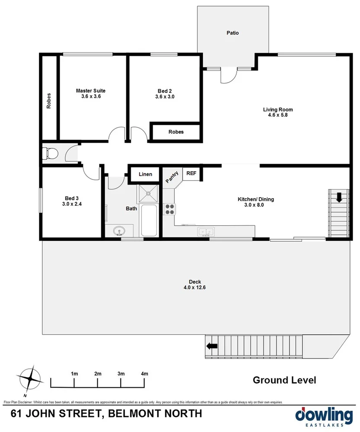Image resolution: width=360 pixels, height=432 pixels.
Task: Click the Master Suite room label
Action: click(90, 91)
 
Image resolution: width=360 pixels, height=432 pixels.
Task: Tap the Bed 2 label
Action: click(164, 91)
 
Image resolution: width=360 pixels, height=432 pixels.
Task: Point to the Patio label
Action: click(232, 33)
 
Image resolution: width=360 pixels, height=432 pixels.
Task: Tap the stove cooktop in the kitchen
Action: click(169, 209)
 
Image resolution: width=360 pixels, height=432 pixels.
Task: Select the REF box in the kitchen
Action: click(191, 173)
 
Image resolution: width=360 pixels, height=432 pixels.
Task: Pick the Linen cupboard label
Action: click(145, 174)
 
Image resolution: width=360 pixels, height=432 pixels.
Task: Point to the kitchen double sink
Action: click(206, 232)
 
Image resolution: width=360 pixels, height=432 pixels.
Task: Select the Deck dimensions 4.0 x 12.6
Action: click(195, 288)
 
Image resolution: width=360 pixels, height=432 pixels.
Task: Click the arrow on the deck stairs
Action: click(212, 346)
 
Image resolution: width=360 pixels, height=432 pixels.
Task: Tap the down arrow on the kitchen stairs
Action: click(339, 198)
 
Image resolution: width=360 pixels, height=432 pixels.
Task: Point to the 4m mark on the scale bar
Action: click(145, 374)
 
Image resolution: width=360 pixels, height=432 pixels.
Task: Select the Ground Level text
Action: click(284, 380)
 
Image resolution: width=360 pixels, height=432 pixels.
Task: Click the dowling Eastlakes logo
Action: click(323, 416)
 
